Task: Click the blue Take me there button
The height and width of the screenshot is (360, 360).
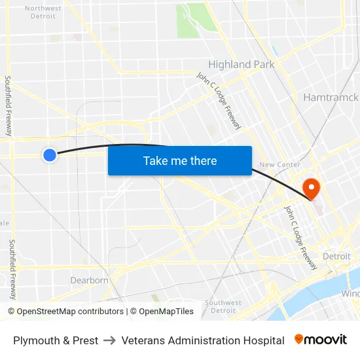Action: pos(180,161)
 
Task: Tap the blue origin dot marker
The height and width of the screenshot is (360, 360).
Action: pos(50,155)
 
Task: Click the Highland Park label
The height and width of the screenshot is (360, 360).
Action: pos(241,64)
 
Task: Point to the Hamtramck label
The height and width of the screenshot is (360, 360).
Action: pos(331,98)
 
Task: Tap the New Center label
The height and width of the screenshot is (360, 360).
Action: pos(279,165)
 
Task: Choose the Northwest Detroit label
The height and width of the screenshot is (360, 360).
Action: pos(43,12)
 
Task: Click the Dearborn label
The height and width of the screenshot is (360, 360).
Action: pos(89,280)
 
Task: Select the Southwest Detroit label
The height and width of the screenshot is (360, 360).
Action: pos(223,306)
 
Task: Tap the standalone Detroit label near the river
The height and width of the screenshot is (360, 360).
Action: pos(336,257)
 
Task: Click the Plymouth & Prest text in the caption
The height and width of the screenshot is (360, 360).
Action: pos(56,340)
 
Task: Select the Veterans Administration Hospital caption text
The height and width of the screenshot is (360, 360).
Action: pos(203,340)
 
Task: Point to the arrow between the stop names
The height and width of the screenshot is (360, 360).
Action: pos(110,340)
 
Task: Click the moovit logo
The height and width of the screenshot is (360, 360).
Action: pos(321,340)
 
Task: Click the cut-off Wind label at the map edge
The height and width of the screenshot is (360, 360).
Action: pos(350,294)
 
